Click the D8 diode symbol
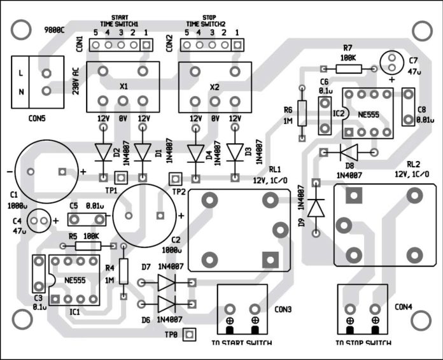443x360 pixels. coord(348,151)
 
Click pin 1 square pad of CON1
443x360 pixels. coord(146,45)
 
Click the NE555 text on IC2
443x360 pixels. coord(366,113)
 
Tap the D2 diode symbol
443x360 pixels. coord(104,151)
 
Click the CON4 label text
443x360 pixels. coord(404,307)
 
